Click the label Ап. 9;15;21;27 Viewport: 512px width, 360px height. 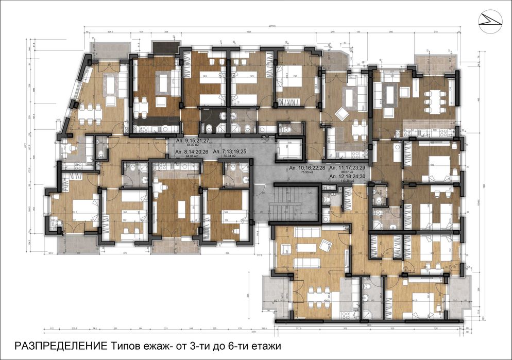click(193, 140)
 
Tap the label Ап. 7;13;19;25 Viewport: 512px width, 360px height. click(231, 152)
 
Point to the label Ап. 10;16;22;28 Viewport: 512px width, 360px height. click(306, 168)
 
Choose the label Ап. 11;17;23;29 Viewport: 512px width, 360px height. click(348, 168)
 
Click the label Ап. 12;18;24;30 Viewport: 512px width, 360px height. click(348, 177)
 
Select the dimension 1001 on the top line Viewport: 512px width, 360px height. click(248, 32)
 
